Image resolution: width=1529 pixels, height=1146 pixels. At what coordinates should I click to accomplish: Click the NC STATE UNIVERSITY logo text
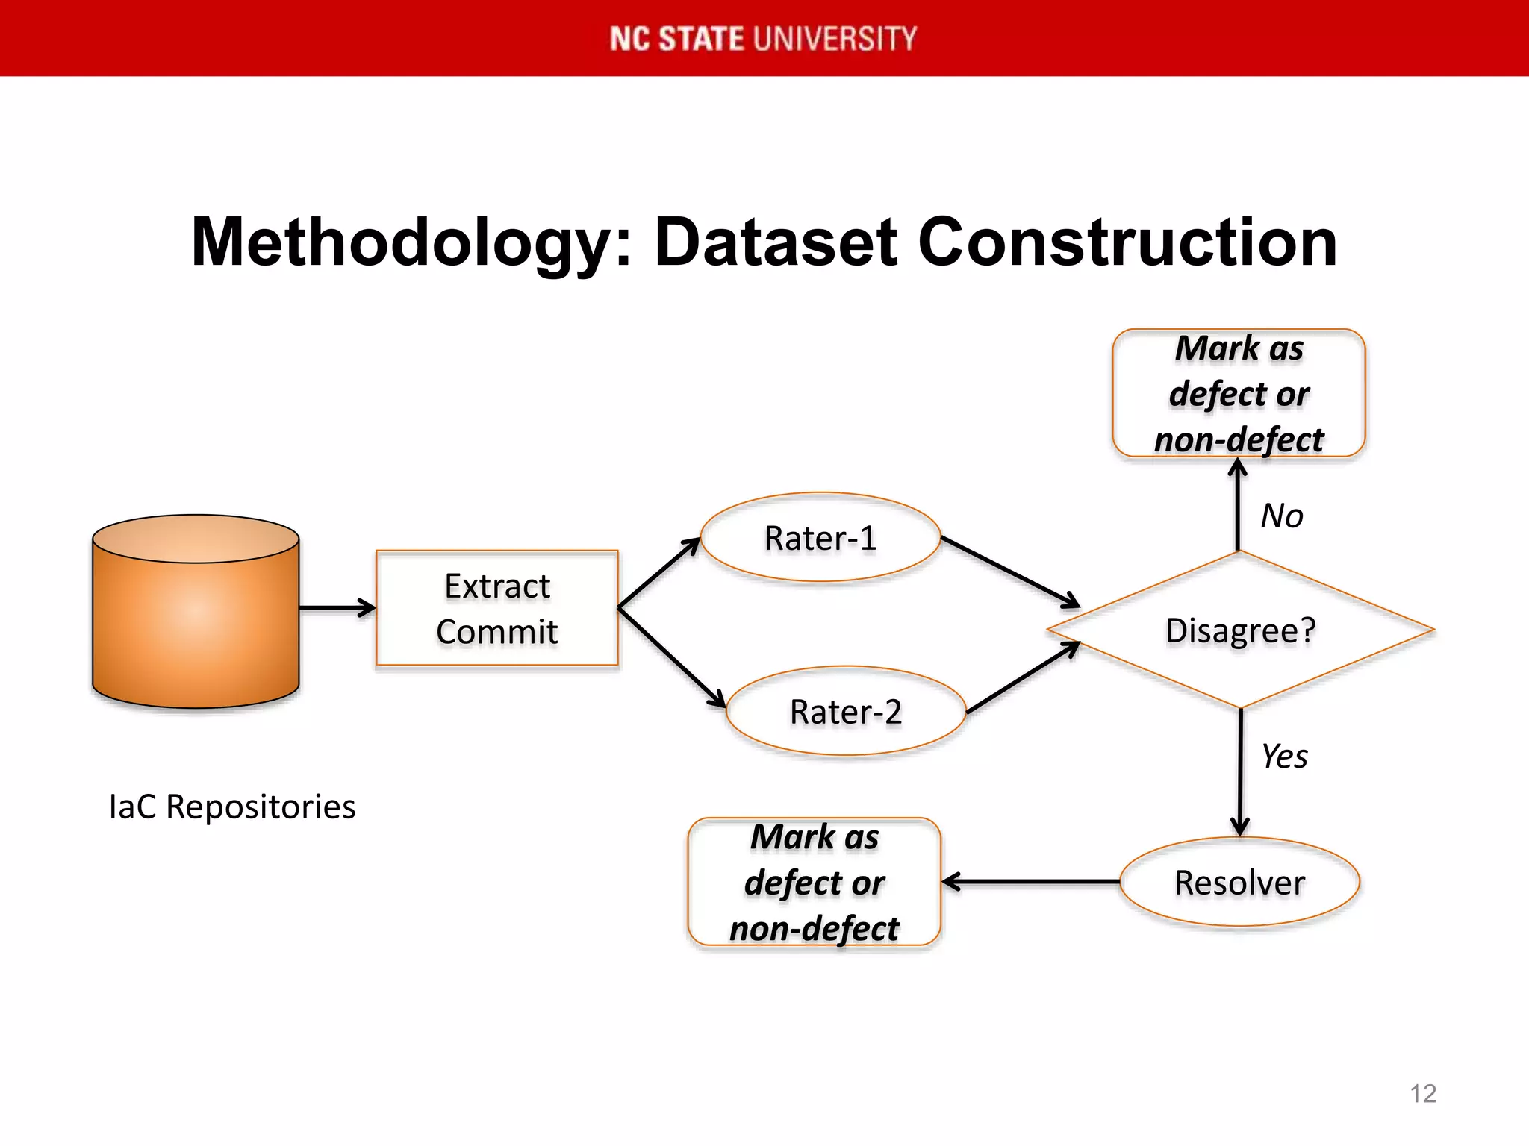pos(763,38)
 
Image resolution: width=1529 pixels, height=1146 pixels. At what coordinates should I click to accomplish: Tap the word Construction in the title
pos(1127,242)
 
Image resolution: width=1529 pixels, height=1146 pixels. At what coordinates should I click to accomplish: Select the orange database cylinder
pos(196,612)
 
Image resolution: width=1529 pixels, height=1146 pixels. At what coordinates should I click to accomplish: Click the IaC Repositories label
pos(232,807)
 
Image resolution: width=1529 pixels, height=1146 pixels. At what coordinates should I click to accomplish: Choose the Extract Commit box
pos(497,608)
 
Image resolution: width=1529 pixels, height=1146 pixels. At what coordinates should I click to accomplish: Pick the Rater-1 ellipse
pos(820,538)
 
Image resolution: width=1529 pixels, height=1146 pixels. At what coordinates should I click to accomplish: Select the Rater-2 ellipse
pos(845,711)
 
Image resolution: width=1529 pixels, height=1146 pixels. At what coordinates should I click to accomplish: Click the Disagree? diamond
pos(1239,630)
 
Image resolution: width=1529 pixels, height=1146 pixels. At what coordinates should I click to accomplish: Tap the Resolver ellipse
pos(1239,883)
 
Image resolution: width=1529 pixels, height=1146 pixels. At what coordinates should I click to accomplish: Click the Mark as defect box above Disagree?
pos(1239,393)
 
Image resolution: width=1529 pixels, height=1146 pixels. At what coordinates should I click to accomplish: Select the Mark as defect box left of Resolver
pos(814,883)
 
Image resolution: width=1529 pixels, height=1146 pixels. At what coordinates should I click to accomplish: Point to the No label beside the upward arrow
pos(1281,516)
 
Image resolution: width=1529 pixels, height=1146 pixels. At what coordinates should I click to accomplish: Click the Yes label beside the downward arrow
pos(1283,757)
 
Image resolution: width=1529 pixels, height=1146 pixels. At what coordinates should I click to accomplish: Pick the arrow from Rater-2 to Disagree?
pos(1023,677)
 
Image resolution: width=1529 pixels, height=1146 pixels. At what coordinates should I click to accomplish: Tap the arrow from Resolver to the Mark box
pos(1030,882)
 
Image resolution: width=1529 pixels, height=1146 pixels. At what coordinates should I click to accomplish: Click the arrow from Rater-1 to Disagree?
pos(1009,571)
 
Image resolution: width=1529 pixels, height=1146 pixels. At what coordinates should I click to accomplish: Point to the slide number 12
pos(1422,1093)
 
